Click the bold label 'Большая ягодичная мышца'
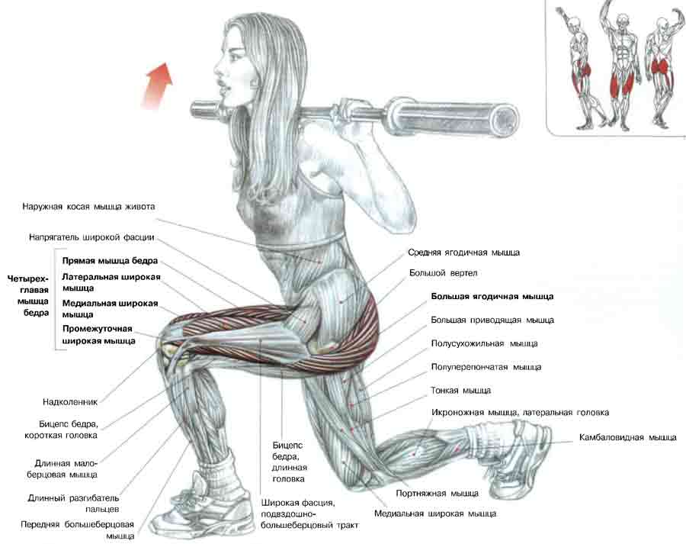coord(492,296)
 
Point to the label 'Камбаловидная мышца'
coord(627,438)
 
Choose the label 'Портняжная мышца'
coord(438,493)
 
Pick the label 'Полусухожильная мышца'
coord(484,344)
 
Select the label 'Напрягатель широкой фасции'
coord(94,237)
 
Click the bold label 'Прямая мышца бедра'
coord(110,260)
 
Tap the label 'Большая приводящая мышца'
coord(492,320)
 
